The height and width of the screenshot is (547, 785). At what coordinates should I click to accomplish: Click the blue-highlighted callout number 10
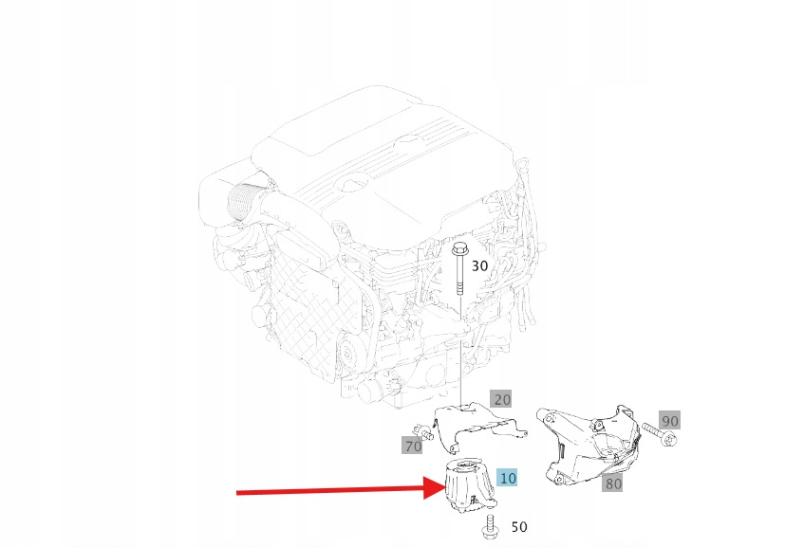pos(507,479)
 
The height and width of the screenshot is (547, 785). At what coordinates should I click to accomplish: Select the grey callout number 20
pos(501,399)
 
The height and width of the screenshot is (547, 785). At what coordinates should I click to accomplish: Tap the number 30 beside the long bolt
pos(479,266)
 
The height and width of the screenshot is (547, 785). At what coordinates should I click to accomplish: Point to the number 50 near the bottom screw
pos(519,526)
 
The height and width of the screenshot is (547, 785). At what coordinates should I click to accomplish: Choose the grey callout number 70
pos(413,446)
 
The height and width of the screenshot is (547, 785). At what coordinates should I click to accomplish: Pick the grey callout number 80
pos(613,483)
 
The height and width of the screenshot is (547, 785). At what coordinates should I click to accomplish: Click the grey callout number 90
pos(670,421)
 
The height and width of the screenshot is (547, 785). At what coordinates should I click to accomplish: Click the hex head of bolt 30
pos(459,249)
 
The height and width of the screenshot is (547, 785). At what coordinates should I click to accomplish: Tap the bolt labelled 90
pos(660,434)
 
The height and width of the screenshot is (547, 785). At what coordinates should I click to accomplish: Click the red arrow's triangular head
pos(434,487)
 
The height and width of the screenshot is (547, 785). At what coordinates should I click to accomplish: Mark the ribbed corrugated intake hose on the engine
pos(242,202)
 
